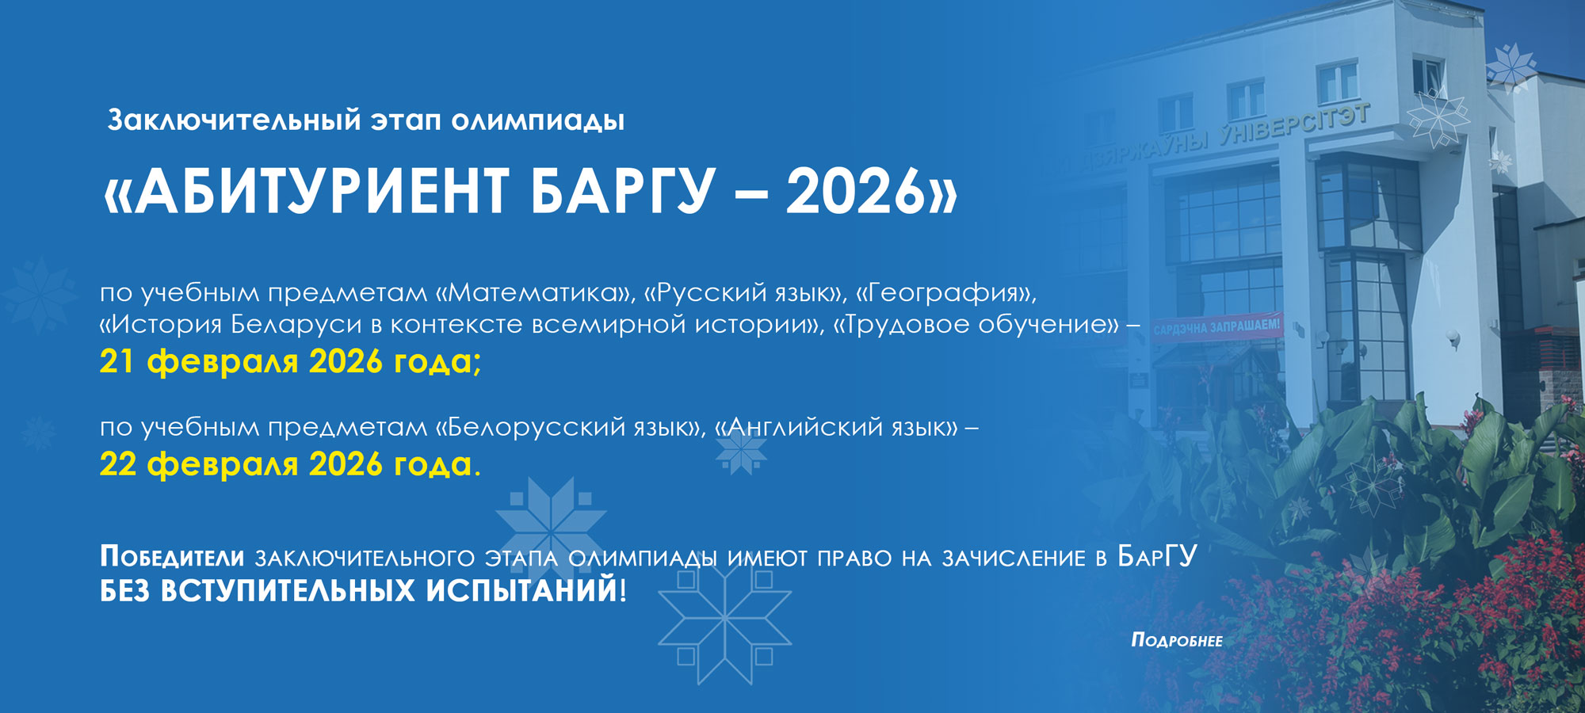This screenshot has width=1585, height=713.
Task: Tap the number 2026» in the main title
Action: tap(872, 192)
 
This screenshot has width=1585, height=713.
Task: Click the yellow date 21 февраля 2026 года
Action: tap(290, 361)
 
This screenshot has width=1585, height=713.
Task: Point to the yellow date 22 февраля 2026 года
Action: tap(290, 463)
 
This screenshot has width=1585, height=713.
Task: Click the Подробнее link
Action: tap(1177, 640)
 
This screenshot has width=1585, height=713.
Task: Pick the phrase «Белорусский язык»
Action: tap(570, 428)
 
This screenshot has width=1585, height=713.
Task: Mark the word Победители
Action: tap(172, 557)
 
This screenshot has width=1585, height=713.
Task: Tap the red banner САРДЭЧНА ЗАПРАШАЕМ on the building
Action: tap(1216, 326)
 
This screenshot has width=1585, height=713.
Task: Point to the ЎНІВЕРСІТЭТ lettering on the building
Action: tap(1293, 127)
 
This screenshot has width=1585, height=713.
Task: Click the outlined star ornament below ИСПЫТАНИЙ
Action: tap(724, 618)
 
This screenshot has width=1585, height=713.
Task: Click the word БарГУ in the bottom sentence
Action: tap(1157, 557)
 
